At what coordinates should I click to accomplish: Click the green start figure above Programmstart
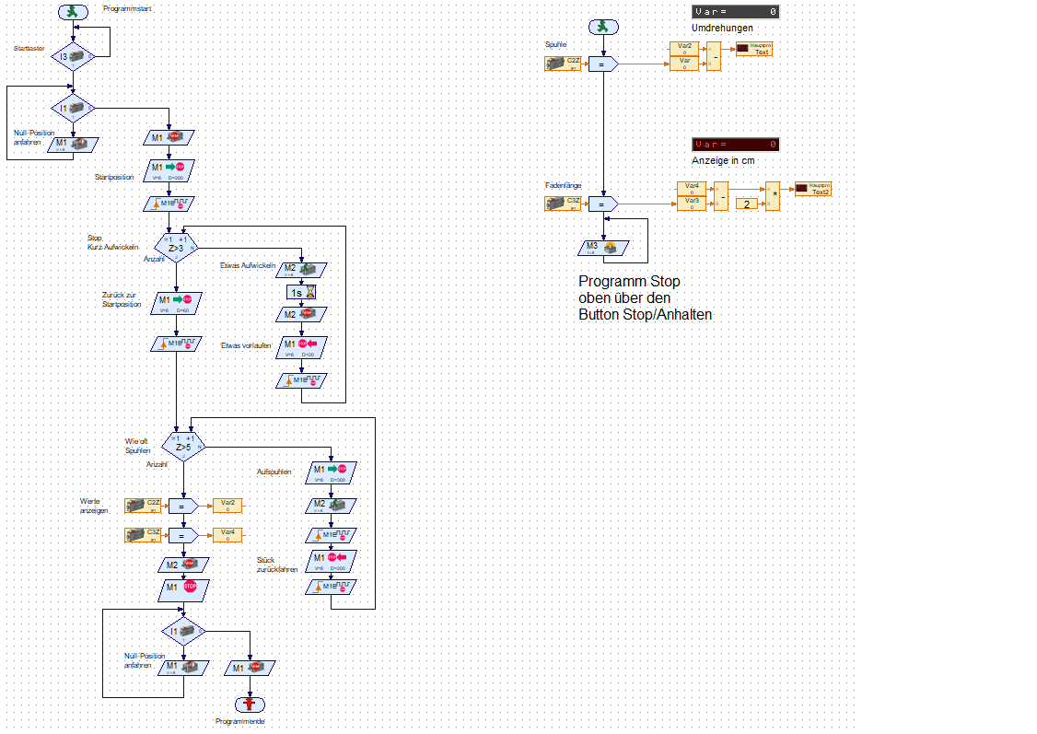click(73, 12)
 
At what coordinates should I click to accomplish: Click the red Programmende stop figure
click(250, 704)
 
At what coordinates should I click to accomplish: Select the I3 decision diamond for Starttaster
click(73, 57)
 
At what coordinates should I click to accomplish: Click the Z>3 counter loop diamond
click(175, 245)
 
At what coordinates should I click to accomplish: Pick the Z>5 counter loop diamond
click(182, 445)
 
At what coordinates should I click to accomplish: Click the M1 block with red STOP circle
click(183, 587)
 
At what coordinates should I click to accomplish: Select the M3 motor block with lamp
click(603, 247)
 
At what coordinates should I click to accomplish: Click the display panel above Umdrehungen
click(735, 11)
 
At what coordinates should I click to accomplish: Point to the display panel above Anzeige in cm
click(735, 145)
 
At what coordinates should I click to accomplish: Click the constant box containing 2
click(746, 203)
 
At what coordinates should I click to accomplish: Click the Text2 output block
click(813, 189)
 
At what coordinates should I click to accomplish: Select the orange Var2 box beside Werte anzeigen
click(227, 505)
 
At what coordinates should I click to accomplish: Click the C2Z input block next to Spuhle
click(563, 64)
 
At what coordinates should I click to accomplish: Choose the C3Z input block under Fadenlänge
click(563, 204)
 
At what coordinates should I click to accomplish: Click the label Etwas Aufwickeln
click(247, 266)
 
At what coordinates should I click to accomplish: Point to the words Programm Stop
click(629, 281)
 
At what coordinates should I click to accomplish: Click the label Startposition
click(114, 176)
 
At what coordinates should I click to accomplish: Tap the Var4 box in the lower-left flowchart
click(227, 534)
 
